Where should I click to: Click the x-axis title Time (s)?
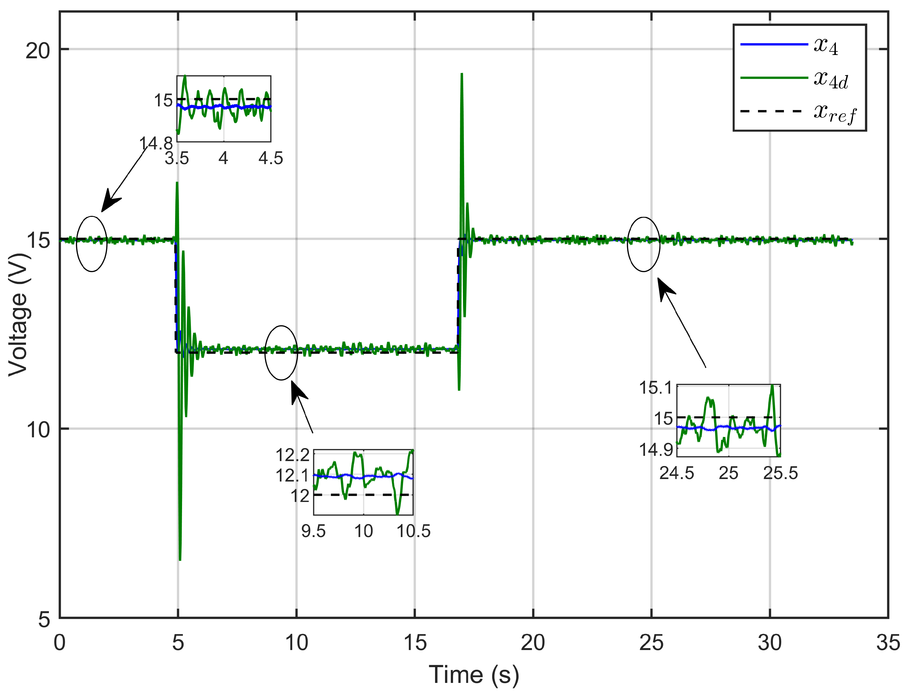coord(474,675)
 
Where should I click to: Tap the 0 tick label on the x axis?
coord(60,643)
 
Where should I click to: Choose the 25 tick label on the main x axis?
coord(651,643)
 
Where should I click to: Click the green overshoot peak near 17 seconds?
coord(462,75)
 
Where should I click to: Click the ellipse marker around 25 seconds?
coord(643,244)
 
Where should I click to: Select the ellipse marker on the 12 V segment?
coord(281,353)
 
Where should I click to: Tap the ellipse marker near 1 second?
coord(92,244)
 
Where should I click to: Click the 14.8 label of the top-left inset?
coord(156,144)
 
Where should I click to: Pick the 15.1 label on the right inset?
coord(655,388)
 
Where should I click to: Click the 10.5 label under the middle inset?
coord(414,531)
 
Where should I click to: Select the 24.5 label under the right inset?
coord(676,473)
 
